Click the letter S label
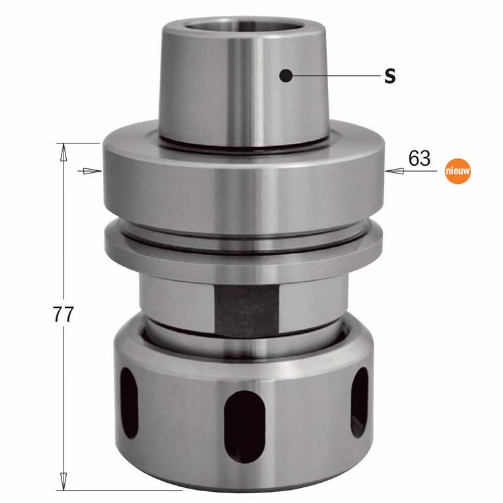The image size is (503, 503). [390, 77]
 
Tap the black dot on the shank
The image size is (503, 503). [286, 76]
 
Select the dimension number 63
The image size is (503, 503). [419, 158]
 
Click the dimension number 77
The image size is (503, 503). [63, 314]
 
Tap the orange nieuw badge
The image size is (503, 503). [458, 171]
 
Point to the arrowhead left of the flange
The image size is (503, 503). [92, 171]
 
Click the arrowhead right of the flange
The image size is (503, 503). [394, 171]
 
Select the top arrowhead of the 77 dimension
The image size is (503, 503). [64, 152]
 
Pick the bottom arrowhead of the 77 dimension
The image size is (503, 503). [64, 481]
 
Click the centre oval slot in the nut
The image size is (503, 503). [245, 426]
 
